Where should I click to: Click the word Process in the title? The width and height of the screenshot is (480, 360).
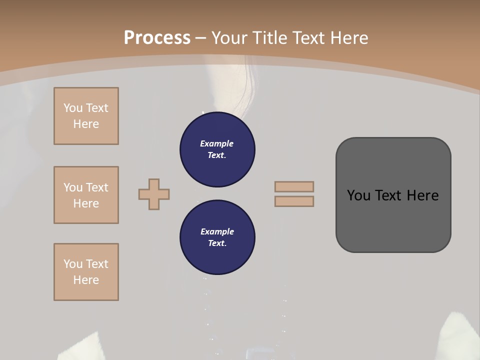click(157, 37)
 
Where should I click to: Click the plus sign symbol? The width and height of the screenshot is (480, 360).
click(154, 194)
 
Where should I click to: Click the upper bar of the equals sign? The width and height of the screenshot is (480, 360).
click(294, 186)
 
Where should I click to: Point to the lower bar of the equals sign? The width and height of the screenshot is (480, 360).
click(294, 201)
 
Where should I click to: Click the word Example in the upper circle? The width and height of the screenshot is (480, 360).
click(217, 143)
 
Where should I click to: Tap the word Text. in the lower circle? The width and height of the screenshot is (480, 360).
click(217, 243)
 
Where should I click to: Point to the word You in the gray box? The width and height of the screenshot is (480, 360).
click(358, 195)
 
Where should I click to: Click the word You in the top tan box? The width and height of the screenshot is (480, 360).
click(73, 108)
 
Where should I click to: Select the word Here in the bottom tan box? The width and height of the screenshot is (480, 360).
click(86, 280)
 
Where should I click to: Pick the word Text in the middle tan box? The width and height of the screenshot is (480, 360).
click(97, 187)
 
